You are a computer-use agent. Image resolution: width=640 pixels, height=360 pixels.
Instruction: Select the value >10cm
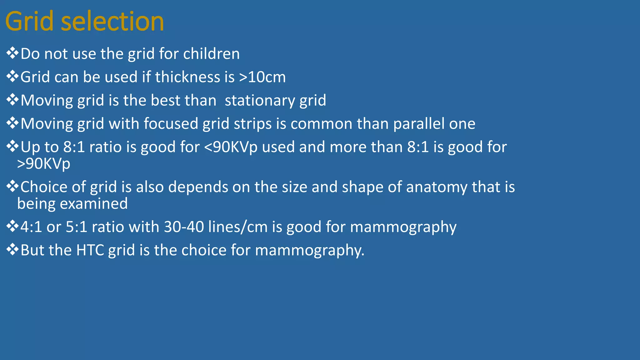(262, 77)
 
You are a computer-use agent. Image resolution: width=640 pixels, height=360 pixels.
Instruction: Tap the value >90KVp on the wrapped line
(44, 163)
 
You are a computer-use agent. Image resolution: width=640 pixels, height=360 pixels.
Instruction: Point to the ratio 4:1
(31, 227)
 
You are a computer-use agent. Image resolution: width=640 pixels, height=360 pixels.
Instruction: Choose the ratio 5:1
(77, 227)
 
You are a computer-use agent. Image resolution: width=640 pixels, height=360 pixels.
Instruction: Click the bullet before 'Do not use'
(12, 53)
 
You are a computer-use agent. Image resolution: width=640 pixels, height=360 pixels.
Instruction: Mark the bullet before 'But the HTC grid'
(12, 250)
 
